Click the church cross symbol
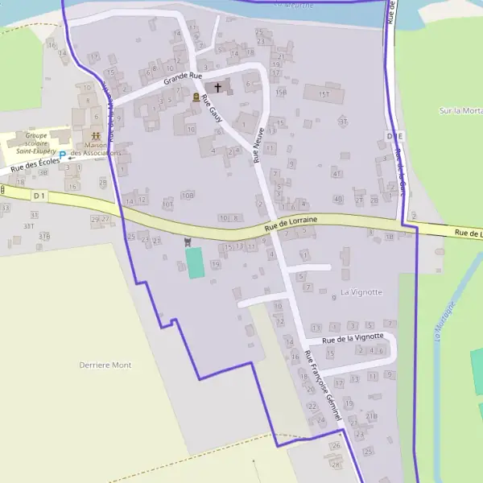click(x=217, y=86)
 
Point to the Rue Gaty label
click(x=212, y=109)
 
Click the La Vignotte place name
click(x=361, y=291)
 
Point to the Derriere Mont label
click(x=105, y=365)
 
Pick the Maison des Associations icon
click(x=96, y=137)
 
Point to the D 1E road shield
click(x=394, y=137)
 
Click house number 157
click(x=324, y=94)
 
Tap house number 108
click(x=188, y=196)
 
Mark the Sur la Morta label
click(x=460, y=110)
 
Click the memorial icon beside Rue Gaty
click(x=196, y=97)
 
